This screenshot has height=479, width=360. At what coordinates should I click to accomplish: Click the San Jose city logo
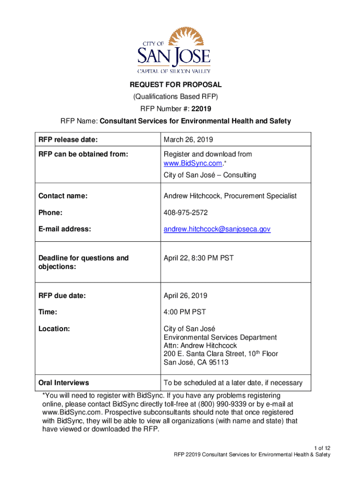click(173, 50)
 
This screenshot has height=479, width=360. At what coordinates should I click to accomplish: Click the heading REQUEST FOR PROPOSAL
click(175, 85)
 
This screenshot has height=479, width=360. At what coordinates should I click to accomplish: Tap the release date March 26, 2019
click(187, 139)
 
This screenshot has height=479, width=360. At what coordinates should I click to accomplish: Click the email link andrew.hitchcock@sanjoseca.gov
click(217, 229)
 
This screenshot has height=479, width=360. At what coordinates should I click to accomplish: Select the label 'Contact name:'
click(63, 196)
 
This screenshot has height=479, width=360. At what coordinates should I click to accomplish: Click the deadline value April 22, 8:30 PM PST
click(198, 258)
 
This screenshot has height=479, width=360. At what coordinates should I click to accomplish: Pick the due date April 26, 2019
click(185, 296)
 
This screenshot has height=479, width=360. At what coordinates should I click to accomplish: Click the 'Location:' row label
click(54, 329)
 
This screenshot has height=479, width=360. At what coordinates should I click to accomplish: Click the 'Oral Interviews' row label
click(64, 383)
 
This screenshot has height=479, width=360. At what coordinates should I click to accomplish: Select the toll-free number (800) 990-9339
click(224, 404)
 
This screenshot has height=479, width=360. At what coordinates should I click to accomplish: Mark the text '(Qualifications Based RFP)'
click(175, 97)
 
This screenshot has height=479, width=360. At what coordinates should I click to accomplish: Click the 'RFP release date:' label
click(68, 139)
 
